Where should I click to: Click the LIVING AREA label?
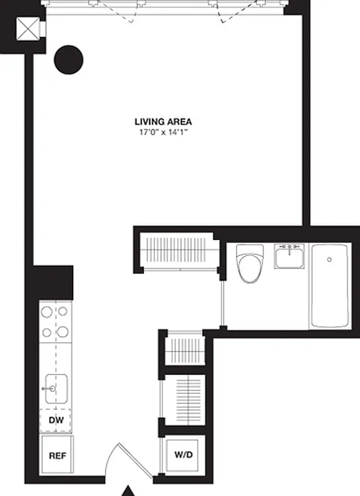164,122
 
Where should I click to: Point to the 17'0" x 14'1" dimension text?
164,132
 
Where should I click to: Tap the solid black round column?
68,60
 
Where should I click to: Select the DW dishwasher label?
55,420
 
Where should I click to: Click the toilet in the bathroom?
250,265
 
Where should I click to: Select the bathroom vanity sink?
289,256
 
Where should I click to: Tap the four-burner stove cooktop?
55,322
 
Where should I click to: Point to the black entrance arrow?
128,490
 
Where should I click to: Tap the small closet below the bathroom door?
185,352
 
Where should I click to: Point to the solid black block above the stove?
53,283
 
